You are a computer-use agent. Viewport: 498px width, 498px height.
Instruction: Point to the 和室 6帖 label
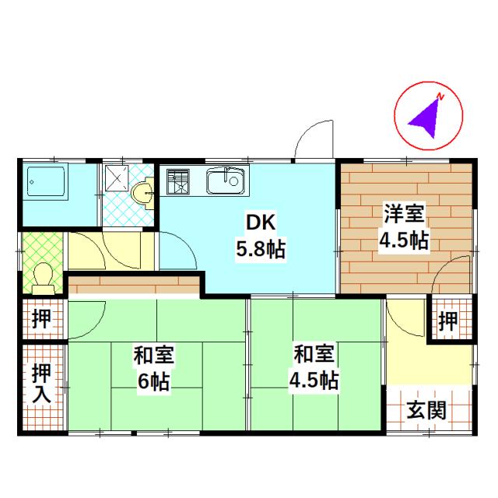pyautogui.click(x=153, y=369)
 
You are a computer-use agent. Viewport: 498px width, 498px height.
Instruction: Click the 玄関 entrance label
pyautogui.click(x=426, y=409)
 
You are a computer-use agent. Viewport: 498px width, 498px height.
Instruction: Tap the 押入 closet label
pyautogui.click(x=40, y=383)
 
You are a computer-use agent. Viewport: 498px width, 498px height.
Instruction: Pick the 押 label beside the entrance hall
pyautogui.click(x=447, y=320)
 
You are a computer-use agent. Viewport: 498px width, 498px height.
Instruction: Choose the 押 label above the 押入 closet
pyautogui.click(x=40, y=319)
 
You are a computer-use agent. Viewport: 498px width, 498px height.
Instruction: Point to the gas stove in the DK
pyautogui.click(x=177, y=182)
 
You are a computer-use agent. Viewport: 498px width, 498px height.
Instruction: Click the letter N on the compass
pyautogui.click(x=440, y=96)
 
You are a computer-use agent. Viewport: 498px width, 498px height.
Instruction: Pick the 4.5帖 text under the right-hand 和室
pyautogui.click(x=314, y=381)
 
